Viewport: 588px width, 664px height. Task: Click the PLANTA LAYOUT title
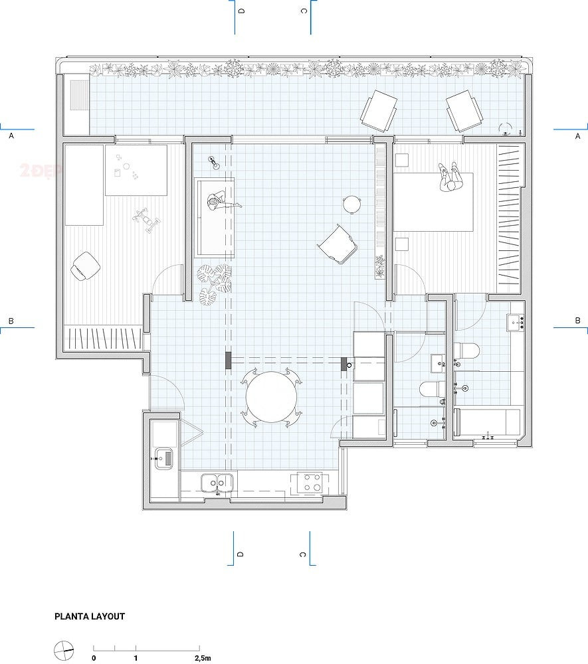click(x=89, y=616)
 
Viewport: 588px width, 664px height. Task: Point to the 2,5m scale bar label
click(x=203, y=659)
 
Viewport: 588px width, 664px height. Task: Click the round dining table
click(x=271, y=398)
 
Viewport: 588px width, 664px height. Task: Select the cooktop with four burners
click(x=308, y=483)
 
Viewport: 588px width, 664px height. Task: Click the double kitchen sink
click(x=219, y=482)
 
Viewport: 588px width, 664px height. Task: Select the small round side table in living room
click(x=351, y=204)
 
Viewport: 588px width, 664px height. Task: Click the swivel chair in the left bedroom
click(x=85, y=266)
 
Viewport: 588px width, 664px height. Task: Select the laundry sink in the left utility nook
click(x=163, y=457)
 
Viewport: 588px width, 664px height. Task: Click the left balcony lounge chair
click(x=379, y=109)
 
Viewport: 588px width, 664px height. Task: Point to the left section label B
click(x=11, y=321)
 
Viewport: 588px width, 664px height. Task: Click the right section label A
click(x=577, y=135)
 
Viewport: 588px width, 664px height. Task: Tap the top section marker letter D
click(x=241, y=11)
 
